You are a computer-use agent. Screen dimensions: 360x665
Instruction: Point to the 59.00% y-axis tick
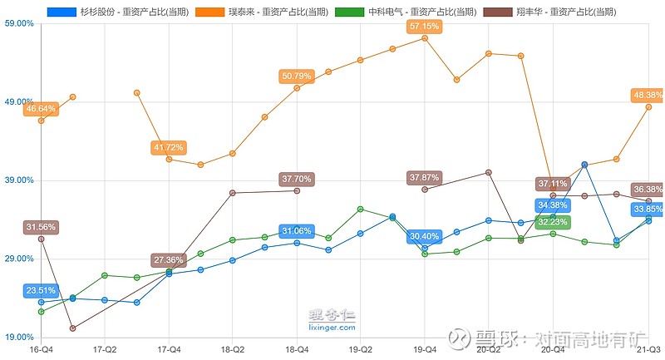click(x=20, y=23)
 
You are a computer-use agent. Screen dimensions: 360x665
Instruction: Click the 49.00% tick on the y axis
click(x=20, y=101)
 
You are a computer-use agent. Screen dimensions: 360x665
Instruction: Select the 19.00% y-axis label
click(x=20, y=337)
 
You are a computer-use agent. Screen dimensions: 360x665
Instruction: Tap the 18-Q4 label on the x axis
click(x=297, y=350)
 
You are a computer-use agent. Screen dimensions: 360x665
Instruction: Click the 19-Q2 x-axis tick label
click(x=361, y=350)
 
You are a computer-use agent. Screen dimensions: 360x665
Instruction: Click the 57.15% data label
click(x=425, y=27)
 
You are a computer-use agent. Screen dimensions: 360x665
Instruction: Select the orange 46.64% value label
click(x=41, y=109)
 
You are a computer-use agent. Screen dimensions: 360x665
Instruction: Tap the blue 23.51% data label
click(x=41, y=290)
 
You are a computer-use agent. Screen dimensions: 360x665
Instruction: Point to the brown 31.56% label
click(x=41, y=227)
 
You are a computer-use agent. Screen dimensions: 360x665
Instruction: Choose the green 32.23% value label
click(x=553, y=222)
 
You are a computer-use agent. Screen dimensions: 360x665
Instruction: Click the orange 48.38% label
click(x=648, y=95)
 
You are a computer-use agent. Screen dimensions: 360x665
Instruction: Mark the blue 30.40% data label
click(x=425, y=237)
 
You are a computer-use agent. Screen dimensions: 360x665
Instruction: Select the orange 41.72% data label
click(x=169, y=147)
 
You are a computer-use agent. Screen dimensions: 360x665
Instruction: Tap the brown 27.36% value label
click(x=169, y=260)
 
